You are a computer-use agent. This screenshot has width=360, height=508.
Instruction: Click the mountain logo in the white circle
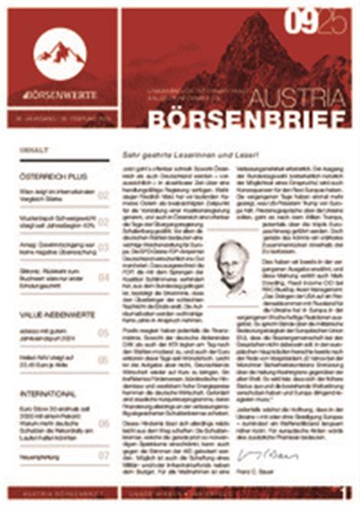click(x=60, y=53)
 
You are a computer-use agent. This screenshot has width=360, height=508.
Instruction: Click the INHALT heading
click(x=36, y=150)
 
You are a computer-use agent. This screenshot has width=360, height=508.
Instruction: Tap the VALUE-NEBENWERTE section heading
click(x=58, y=314)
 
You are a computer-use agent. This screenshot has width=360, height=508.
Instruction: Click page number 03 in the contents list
click(x=103, y=248)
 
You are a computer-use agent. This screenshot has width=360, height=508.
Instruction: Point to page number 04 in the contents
click(x=103, y=277)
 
